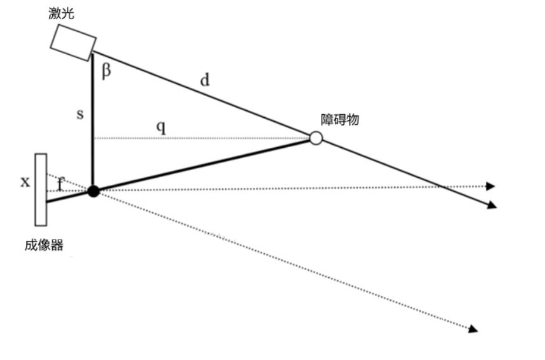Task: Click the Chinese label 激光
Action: tap(61, 13)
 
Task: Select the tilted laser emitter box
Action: tap(73, 43)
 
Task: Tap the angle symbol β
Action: tap(106, 71)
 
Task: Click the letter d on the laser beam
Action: tap(205, 80)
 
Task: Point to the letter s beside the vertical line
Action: tap(80, 114)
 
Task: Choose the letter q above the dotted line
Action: tap(161, 127)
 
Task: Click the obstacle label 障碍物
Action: tap(339, 120)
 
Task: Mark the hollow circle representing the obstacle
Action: tap(316, 138)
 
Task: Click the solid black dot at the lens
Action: tap(94, 191)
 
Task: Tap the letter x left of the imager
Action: tap(25, 182)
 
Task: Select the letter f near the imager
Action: tap(60, 184)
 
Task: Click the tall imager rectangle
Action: tap(41, 190)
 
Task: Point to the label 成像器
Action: tap(44, 245)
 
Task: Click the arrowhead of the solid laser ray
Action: tap(492, 205)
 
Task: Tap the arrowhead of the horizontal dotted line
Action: tap(490, 187)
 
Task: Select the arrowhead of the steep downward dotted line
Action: tap(473, 329)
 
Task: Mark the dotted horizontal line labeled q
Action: tap(202, 138)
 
